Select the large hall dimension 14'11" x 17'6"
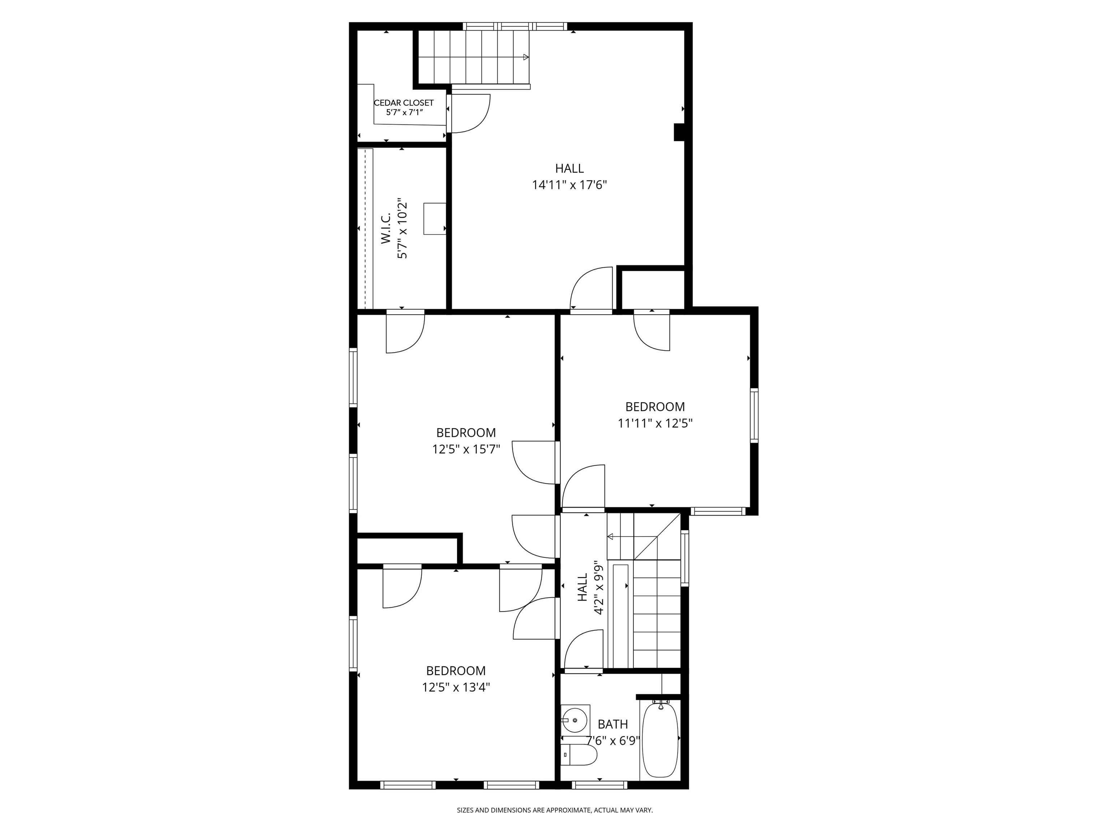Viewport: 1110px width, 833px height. coord(569,185)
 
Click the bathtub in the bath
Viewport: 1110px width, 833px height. coord(661,740)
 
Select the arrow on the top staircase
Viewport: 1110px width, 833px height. coord(525,57)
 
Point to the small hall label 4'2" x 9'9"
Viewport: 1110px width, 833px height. coord(598,588)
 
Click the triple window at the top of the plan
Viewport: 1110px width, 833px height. coord(515,26)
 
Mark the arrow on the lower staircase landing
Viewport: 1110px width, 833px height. coord(611,537)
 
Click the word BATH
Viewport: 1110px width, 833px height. coord(613,724)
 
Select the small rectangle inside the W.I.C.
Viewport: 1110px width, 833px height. coord(435,218)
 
